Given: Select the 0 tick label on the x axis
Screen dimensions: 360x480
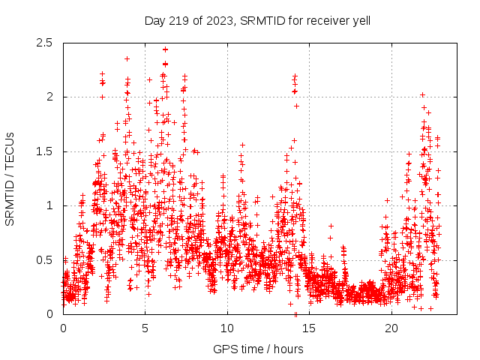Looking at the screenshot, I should click(x=63, y=328).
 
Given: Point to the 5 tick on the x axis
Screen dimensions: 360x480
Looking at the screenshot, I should click(x=145, y=328).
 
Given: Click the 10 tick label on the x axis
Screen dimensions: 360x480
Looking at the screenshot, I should click(x=227, y=328).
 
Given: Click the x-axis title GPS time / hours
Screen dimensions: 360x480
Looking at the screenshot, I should click(x=258, y=349).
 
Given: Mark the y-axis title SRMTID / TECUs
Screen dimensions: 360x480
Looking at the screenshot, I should click(x=10, y=178).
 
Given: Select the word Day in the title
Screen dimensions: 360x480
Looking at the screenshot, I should click(x=155, y=19).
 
